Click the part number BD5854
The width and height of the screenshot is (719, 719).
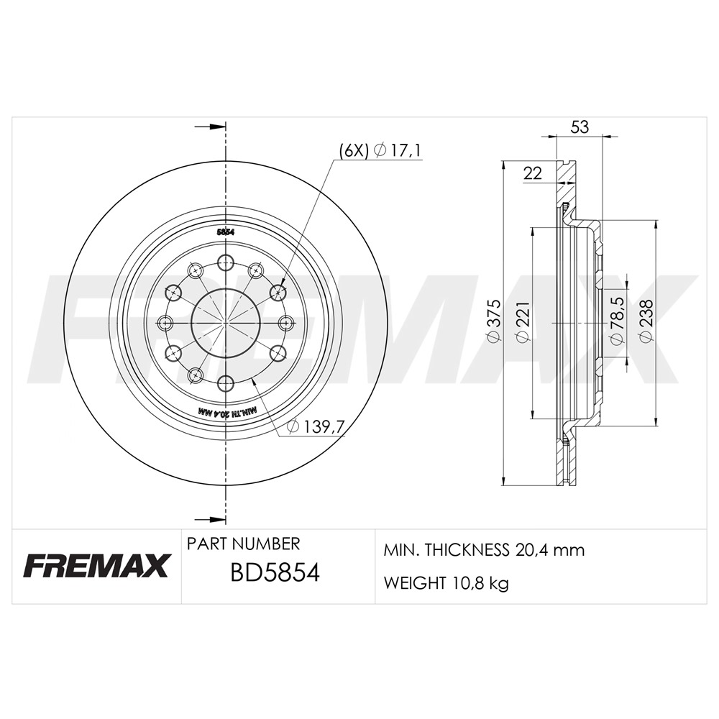275,573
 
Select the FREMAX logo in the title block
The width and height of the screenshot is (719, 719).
95,566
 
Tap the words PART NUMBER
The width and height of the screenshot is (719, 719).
243,544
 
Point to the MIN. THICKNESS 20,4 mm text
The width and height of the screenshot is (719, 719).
484,549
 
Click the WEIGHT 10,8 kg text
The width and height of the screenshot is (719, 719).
446,584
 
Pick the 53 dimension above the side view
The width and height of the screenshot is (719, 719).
580,127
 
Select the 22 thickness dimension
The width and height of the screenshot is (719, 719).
532,173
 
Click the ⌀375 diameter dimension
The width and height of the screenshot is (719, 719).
494,321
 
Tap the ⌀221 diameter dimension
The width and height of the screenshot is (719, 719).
523,321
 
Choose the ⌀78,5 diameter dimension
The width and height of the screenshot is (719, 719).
616,320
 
